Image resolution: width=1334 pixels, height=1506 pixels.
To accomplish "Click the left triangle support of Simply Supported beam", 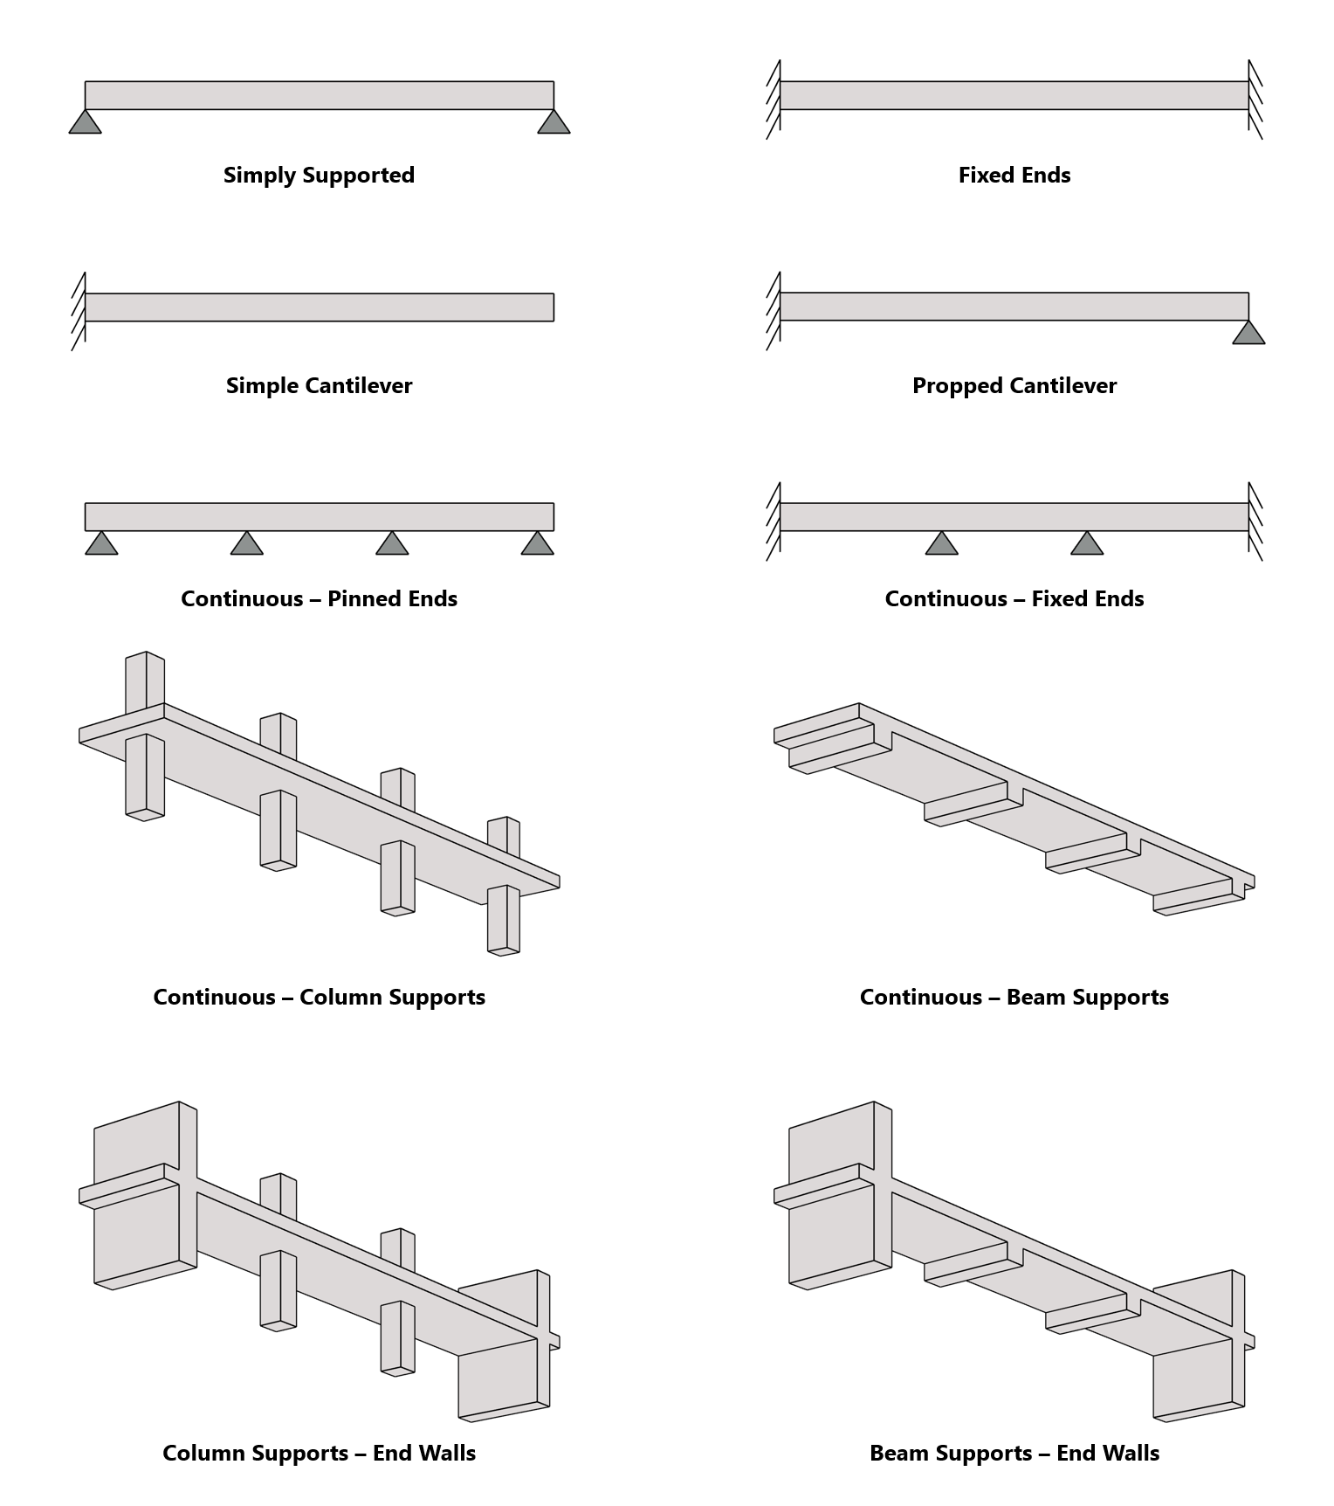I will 85,123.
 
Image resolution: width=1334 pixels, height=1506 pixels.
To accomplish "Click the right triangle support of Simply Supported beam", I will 554,123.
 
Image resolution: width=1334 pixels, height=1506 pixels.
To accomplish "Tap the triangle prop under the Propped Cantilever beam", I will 1248,334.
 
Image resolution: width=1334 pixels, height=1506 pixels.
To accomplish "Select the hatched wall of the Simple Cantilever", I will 79,310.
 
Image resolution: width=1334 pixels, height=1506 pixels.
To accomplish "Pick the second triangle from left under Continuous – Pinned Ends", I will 246,544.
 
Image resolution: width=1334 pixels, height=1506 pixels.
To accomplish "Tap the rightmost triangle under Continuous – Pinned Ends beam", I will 537,544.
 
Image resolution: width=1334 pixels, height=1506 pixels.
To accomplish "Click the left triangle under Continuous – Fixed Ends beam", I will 941,544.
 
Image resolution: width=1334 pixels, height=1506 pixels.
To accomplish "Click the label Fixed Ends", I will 1014,175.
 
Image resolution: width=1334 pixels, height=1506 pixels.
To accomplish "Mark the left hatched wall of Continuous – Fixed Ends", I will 774,521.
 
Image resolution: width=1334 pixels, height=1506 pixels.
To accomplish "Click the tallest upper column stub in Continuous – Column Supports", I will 145,683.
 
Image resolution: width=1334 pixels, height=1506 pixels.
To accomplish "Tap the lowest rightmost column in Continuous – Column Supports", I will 503,919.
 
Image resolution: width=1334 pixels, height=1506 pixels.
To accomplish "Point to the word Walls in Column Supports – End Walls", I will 446,1453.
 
